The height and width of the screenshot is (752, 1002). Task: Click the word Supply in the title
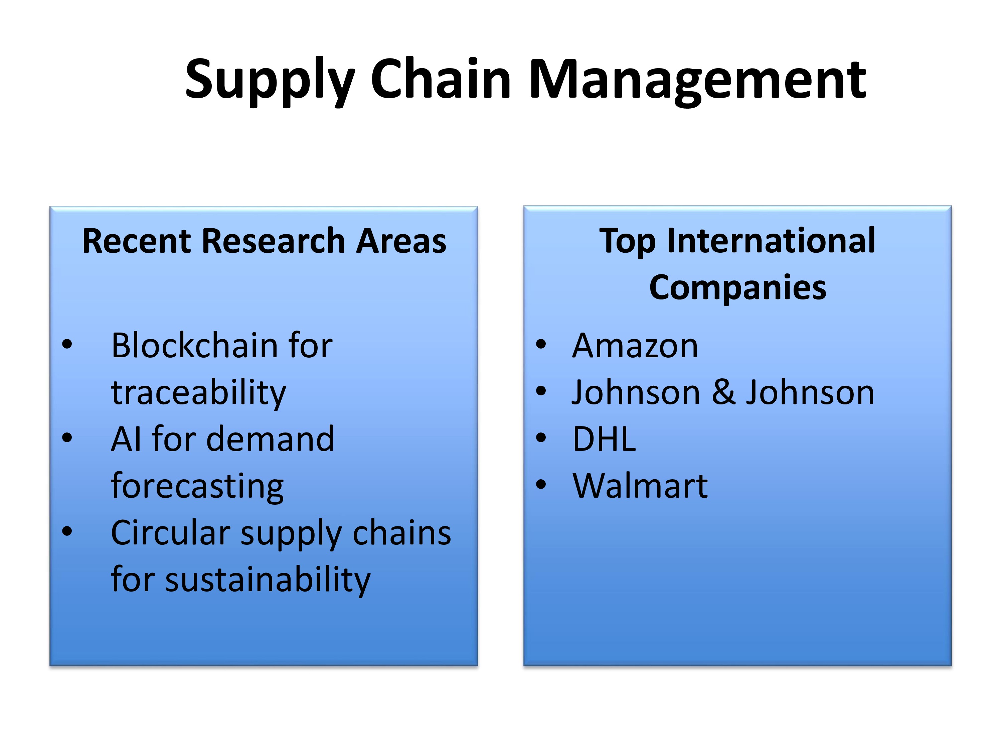270,82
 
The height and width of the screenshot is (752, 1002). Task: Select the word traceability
198,393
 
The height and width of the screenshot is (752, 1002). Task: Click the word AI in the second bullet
126,440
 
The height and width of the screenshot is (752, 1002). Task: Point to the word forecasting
197,487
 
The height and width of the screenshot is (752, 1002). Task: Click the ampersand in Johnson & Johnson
723,393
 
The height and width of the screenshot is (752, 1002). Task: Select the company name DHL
604,440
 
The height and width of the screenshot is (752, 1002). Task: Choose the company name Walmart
640,486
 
